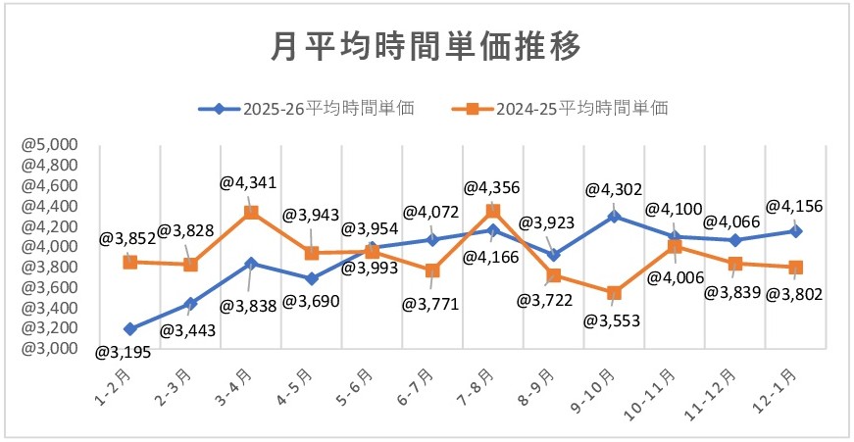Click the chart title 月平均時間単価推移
click(x=426, y=45)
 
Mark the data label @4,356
click(x=491, y=186)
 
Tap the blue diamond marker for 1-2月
click(x=129, y=328)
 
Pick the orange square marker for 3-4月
click(x=251, y=212)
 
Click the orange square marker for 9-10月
click(x=614, y=292)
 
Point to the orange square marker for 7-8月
click(x=493, y=211)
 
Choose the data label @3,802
click(x=795, y=293)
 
